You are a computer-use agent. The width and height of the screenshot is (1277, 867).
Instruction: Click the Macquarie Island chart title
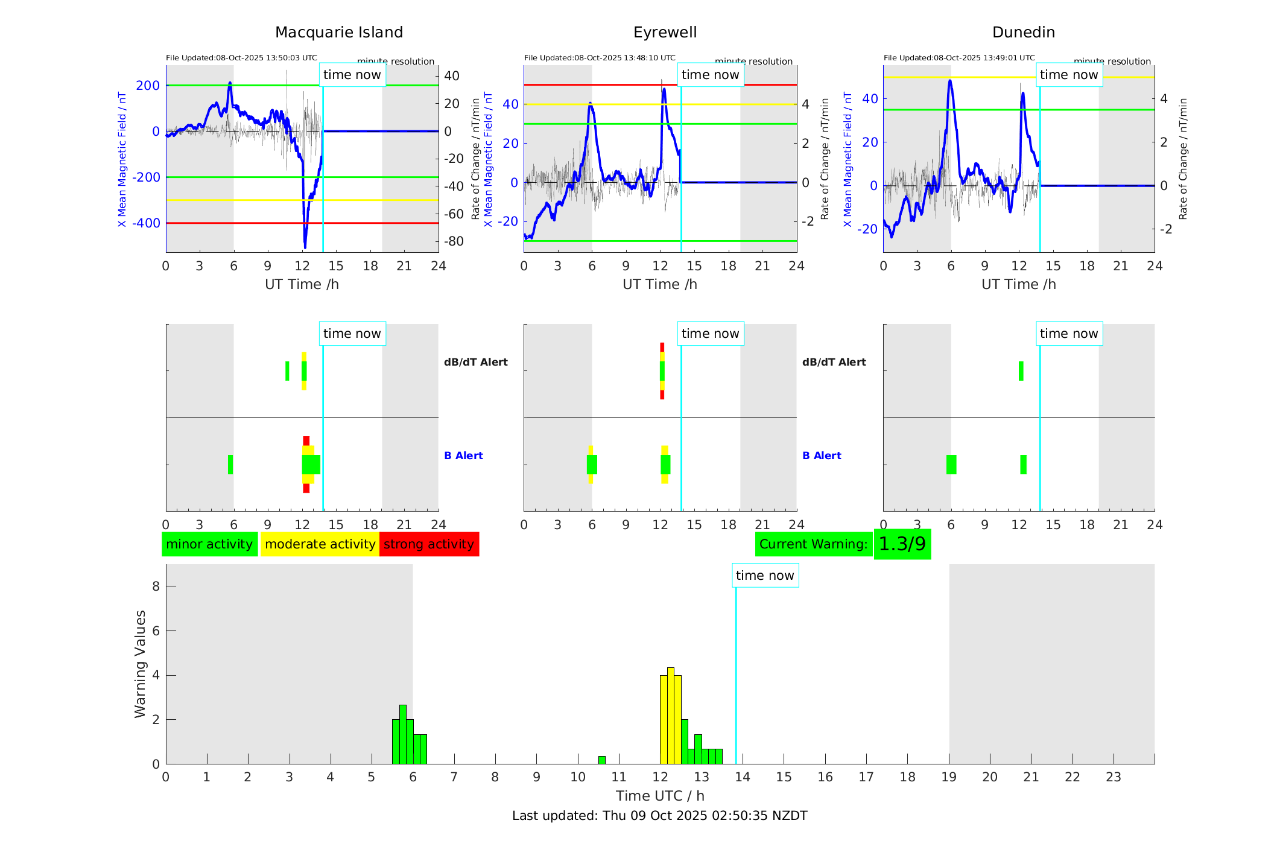(x=339, y=33)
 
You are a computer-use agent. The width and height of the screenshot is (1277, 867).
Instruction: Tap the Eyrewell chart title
(x=665, y=33)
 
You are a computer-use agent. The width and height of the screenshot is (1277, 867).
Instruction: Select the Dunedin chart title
(x=1023, y=33)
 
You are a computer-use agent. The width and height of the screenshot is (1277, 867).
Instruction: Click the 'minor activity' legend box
(x=209, y=544)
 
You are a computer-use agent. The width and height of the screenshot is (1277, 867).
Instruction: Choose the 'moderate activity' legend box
(x=320, y=544)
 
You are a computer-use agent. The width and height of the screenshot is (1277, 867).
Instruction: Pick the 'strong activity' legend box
(x=429, y=544)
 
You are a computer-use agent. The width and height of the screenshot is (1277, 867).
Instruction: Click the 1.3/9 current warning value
(x=902, y=544)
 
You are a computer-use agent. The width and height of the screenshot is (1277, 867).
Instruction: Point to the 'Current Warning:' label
(x=813, y=544)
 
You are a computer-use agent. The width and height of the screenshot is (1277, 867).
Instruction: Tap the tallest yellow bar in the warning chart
(x=670, y=715)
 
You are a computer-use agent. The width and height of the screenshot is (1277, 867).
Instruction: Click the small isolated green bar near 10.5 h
(x=601, y=760)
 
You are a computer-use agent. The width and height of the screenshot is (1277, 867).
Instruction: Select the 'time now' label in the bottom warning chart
(x=765, y=576)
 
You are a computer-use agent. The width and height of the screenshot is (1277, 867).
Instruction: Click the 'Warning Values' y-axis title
(x=141, y=664)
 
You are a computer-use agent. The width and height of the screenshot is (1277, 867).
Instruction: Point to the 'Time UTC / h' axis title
(x=660, y=796)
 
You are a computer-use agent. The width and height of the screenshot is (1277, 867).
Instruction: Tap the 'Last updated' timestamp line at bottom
(x=659, y=816)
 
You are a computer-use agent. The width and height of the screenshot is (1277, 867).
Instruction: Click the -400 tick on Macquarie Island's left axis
(x=146, y=223)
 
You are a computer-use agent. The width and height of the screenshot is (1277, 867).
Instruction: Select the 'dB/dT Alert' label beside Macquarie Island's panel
(x=475, y=362)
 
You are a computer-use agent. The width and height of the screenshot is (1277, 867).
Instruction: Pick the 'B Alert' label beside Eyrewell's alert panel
(x=822, y=456)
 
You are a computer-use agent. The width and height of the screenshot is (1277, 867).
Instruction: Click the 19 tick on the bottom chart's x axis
(x=949, y=777)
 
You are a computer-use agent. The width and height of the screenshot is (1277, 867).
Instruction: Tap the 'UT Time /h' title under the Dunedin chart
(x=1018, y=284)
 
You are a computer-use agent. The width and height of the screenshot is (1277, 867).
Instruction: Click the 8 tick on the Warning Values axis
(x=156, y=586)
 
